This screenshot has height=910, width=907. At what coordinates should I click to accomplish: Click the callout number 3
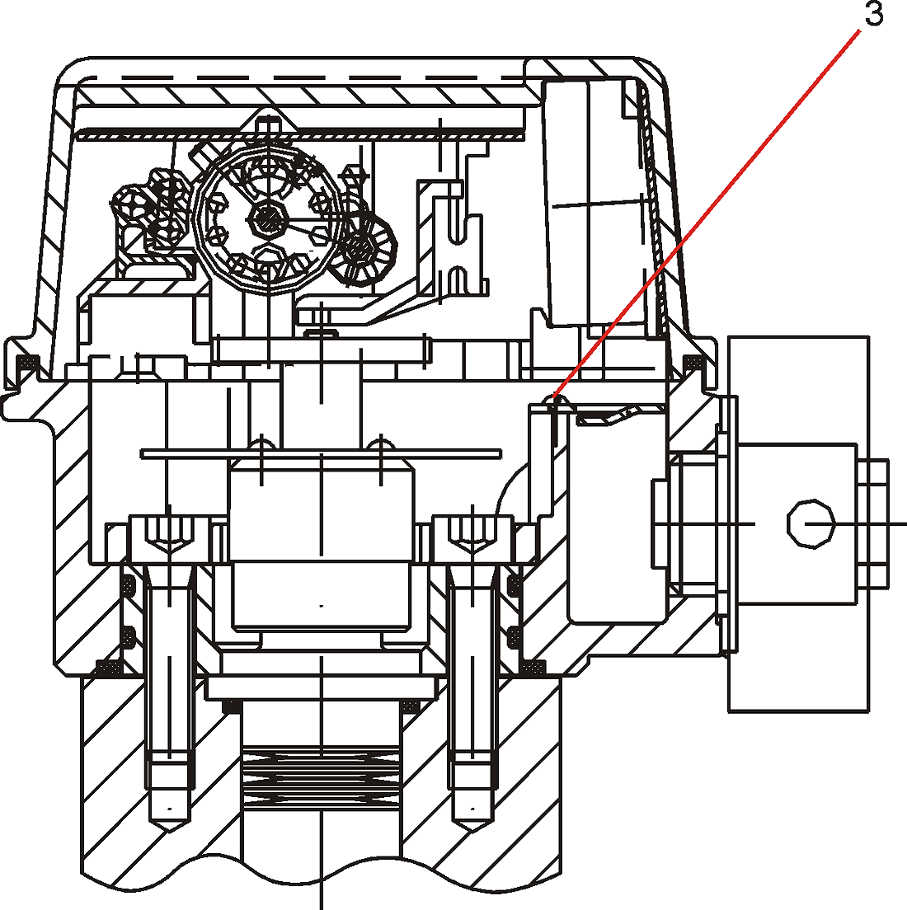point(873,14)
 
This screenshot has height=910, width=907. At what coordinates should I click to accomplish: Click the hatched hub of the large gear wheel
point(268,218)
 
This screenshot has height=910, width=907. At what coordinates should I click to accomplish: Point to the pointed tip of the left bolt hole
point(170,831)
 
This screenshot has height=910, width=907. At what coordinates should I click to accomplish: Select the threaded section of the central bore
point(321,781)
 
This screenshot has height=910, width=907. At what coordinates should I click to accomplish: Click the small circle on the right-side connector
point(811,523)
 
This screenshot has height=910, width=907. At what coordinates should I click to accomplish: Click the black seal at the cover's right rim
point(691,363)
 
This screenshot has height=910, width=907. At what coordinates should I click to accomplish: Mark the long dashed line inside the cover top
point(302,77)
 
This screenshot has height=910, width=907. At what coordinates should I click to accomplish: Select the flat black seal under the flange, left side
point(109,668)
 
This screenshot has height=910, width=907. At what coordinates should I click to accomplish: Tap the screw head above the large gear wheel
point(267,124)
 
